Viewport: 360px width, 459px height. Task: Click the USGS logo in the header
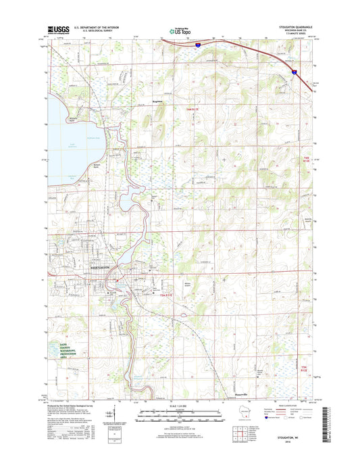click(x=56, y=30)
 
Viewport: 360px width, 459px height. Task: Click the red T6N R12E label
click(x=303, y=160)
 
